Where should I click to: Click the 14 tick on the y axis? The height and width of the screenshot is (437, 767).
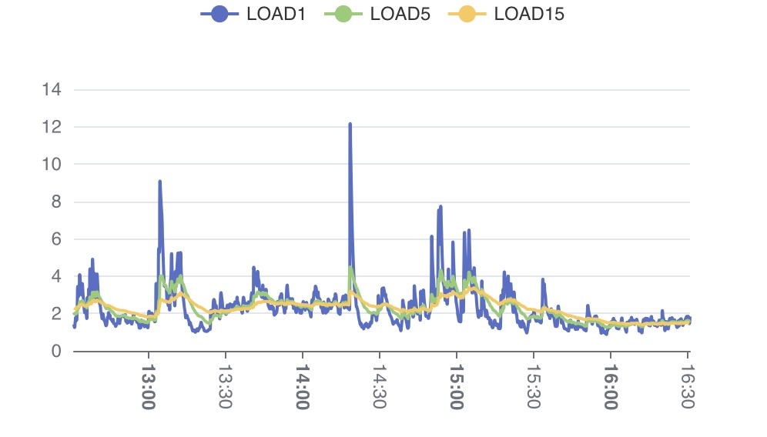[52, 89]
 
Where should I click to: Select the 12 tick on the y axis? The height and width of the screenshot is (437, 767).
[52, 127]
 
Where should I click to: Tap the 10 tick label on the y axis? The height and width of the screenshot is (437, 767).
[52, 165]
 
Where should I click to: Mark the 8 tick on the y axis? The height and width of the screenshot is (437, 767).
[55, 202]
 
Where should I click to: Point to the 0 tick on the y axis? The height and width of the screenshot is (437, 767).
[55, 352]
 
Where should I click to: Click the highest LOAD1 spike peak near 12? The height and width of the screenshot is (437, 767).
[350, 124]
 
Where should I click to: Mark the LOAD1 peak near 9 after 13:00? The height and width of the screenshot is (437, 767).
[159, 182]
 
